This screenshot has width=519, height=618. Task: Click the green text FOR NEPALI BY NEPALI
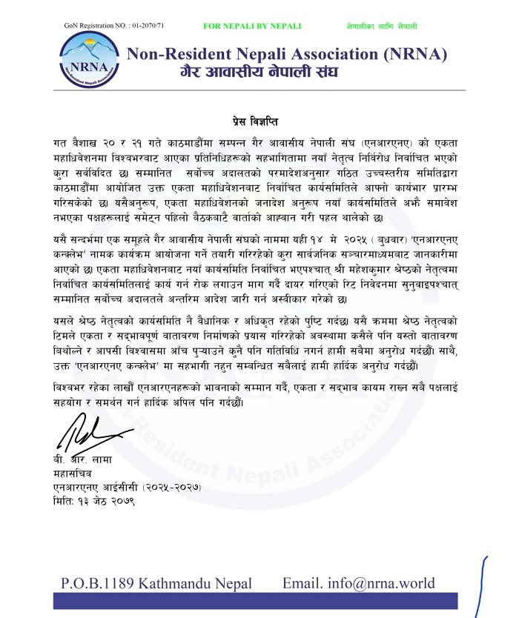point(252,26)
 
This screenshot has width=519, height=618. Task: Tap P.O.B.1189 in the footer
point(99,583)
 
